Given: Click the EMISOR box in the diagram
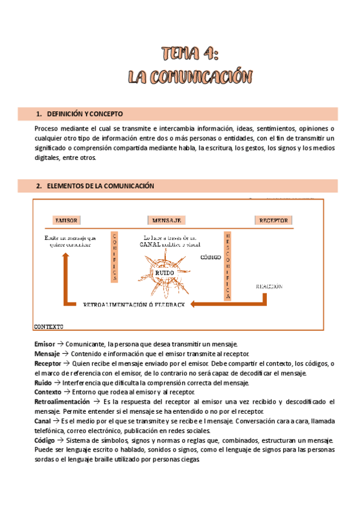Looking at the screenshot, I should click(x=67, y=220).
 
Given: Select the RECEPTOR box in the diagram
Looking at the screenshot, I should click(x=273, y=220).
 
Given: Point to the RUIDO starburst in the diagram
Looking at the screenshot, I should click(x=164, y=272).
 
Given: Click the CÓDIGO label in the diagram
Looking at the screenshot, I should click(x=211, y=257).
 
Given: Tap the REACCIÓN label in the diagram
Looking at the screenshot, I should click(x=269, y=286).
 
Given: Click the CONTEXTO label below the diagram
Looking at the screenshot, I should click(x=49, y=327).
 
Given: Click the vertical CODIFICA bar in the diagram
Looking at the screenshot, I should click(x=115, y=257).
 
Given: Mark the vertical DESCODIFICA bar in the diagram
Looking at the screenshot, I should click(x=227, y=265).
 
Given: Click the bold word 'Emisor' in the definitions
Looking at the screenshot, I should click(x=45, y=343).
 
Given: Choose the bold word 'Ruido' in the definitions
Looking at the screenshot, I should click(x=44, y=382).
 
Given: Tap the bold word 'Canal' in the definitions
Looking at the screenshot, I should click(x=43, y=422).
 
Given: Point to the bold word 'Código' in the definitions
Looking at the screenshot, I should click(x=46, y=441).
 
